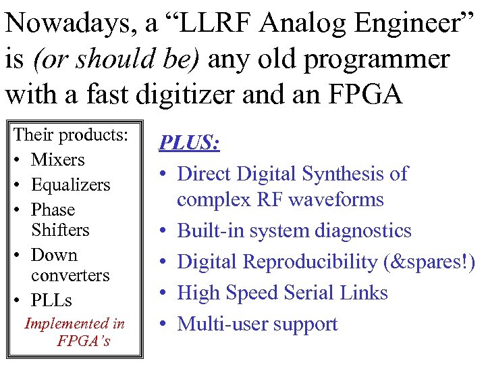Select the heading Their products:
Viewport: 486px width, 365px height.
(x=71, y=135)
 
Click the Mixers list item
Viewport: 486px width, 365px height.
(x=57, y=160)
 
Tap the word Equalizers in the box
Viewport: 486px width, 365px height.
(x=70, y=185)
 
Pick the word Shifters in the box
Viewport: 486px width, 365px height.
(x=60, y=230)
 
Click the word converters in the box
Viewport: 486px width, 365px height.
(x=70, y=275)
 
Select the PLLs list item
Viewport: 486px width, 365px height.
(x=51, y=299)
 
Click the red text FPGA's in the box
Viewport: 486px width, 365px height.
(x=84, y=340)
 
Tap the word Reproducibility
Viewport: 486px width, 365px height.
(x=320, y=262)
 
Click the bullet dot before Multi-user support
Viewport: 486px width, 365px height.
(x=165, y=324)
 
